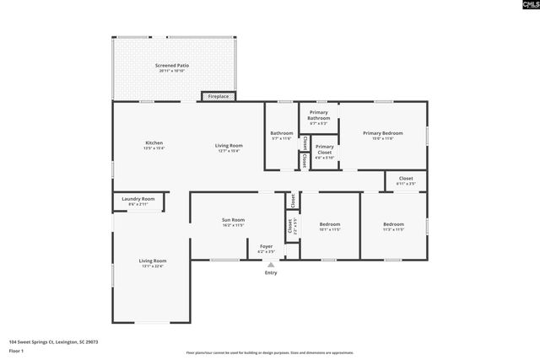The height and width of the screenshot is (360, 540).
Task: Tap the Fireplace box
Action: tap(218, 97)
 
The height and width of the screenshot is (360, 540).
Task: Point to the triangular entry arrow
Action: tap(271, 265)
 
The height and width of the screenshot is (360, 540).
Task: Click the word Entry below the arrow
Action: tap(271, 273)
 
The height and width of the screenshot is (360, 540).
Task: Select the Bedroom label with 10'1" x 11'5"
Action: tap(330, 226)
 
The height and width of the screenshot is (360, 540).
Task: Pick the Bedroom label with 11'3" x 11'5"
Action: tap(393, 226)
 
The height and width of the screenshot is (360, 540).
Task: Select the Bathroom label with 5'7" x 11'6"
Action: tap(282, 136)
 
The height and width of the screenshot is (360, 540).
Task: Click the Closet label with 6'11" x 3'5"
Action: tap(406, 180)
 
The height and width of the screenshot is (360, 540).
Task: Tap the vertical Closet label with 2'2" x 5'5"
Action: tap(291, 226)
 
